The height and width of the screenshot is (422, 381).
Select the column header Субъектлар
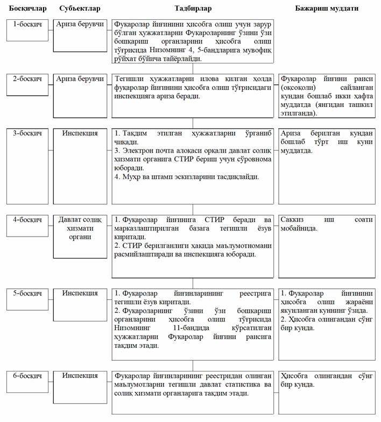(80, 9)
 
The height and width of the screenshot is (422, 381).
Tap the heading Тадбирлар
(193, 9)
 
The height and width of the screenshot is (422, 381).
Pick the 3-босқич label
(27, 133)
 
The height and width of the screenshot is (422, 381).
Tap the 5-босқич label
(27, 293)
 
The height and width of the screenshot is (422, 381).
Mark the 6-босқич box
(27, 375)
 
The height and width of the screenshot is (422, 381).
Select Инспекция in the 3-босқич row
(80, 133)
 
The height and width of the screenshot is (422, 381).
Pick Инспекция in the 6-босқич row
(80, 375)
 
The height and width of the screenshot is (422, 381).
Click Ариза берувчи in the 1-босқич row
(80, 25)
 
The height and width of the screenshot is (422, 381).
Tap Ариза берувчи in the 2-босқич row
(80, 78)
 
